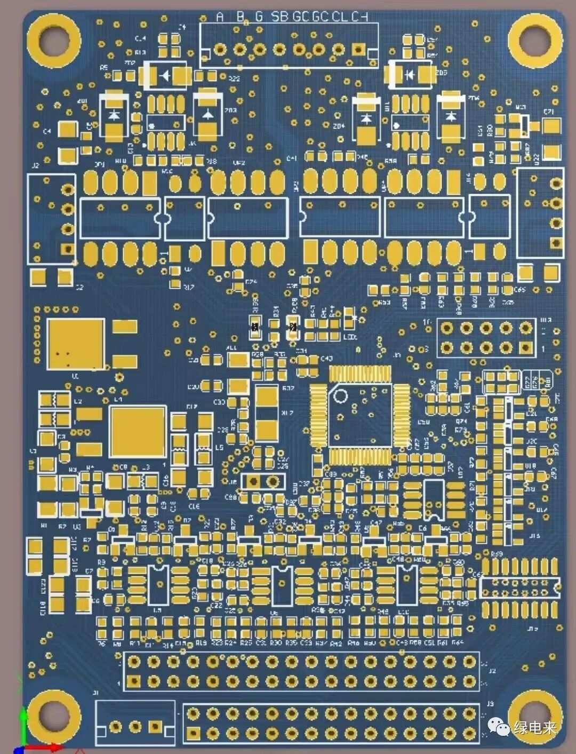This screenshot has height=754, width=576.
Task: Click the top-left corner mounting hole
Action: pos(53,41)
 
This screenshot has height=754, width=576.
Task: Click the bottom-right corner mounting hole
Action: pos(535,715)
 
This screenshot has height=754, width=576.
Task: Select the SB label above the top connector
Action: pos(279,17)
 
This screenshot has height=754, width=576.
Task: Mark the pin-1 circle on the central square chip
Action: pos(340,396)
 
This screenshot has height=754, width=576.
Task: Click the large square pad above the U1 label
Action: pos(75,344)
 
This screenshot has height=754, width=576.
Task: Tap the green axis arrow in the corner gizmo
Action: pos(22,720)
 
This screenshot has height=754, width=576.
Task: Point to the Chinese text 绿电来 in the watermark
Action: pos(535,727)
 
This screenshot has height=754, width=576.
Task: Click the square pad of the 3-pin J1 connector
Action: pos(155,726)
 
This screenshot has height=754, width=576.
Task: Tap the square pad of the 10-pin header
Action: pos(526,347)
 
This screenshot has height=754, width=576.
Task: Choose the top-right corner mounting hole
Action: pos(535,41)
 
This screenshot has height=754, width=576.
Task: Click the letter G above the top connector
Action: pos(259,17)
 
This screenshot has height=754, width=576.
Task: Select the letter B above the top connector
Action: pos(240,17)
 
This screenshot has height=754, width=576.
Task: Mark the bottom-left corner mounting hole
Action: pos(53,715)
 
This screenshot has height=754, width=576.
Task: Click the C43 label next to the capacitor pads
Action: pos(326,359)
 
